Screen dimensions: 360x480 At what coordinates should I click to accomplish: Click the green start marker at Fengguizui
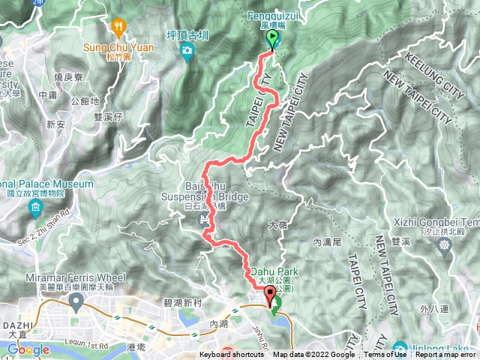tap(271, 40)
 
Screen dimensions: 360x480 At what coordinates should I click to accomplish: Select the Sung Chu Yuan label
tap(118, 47)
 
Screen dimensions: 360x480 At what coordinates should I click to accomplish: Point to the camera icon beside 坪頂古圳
tap(187, 51)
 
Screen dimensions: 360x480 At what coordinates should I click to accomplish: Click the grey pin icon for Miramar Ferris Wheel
tap(75, 301)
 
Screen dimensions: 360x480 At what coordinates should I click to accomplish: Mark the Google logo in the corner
tap(28, 349)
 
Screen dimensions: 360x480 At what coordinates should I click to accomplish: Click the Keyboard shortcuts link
tap(231, 355)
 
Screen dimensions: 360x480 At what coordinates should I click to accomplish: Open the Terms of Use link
tap(385, 355)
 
